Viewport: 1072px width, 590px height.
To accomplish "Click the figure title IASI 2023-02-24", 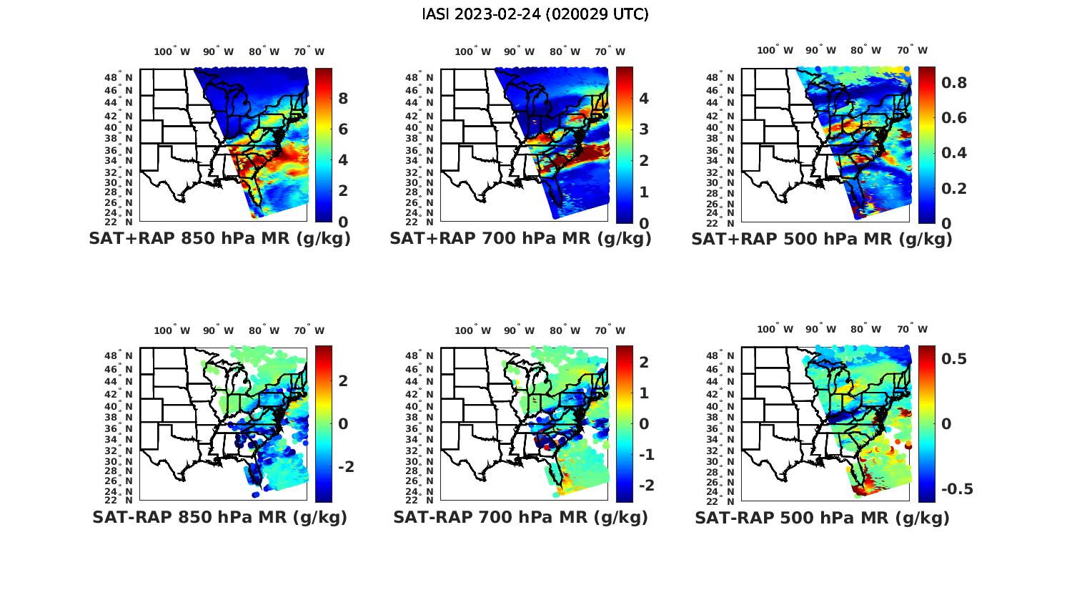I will (x=535, y=14).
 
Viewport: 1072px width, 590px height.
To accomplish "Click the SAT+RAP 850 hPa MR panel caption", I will (x=219, y=239).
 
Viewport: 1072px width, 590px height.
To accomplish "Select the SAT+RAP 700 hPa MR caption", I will (x=520, y=239).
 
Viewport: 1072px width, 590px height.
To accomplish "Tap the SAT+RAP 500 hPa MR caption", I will (x=822, y=239).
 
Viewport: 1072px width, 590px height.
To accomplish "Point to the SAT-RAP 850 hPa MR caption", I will (x=219, y=517).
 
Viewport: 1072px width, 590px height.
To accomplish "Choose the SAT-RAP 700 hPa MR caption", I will (x=520, y=517).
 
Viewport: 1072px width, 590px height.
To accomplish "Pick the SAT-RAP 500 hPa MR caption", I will (x=822, y=517).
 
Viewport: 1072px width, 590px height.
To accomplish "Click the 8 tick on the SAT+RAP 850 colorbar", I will (x=343, y=98).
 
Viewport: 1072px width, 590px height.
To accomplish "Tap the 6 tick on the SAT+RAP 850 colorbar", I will (x=343, y=129).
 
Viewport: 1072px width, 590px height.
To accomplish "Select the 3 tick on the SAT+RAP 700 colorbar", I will (x=644, y=129).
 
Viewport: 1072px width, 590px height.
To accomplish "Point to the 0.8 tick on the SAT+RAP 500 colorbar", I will (x=953, y=83).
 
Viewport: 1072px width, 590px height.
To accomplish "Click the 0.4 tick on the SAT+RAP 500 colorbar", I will (x=953, y=153).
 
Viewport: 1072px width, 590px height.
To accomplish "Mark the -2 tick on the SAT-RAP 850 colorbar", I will (x=345, y=467).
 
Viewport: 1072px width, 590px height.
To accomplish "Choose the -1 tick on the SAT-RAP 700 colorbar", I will (x=644, y=455).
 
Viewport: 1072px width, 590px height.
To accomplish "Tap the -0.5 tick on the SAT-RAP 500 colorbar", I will (x=956, y=489).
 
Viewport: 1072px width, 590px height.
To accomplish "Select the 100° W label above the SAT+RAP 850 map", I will (x=172, y=51).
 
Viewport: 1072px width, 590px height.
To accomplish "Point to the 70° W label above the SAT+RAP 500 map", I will (x=912, y=50).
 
